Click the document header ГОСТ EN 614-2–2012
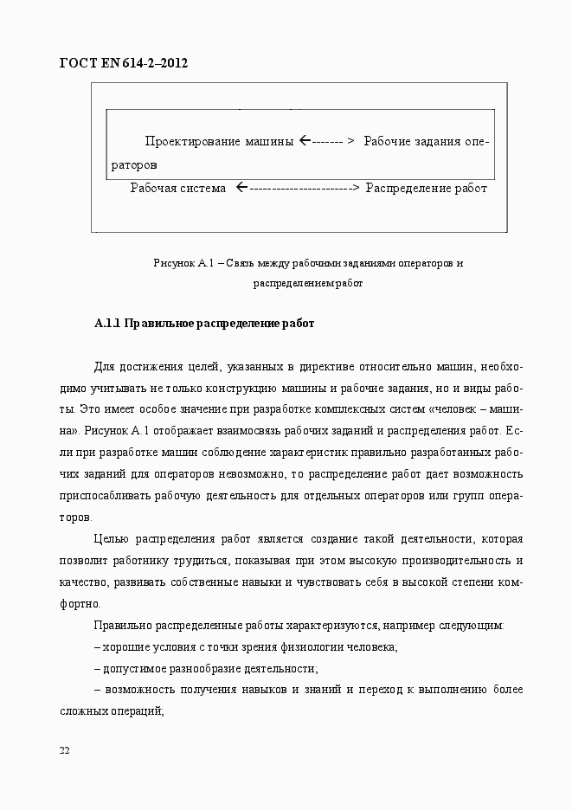[123, 63]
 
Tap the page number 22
[64, 749]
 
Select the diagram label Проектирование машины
[219, 141]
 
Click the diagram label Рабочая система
[177, 188]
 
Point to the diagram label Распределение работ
[426, 188]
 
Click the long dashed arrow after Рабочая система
[297, 188]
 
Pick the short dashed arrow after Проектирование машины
[327, 141]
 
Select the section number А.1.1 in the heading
[107, 325]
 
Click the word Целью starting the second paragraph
[111, 538]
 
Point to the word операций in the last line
[142, 710]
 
